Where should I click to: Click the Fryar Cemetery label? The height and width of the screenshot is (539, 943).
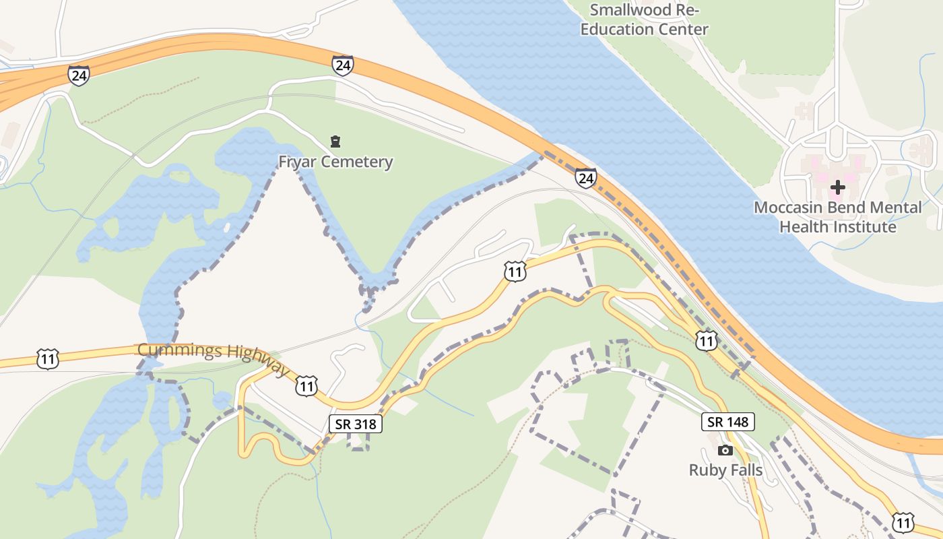point(335,162)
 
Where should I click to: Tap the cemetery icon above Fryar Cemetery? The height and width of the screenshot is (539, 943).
point(335,141)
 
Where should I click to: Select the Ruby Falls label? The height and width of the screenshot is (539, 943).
point(725,470)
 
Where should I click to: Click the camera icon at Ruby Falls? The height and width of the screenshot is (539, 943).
point(725,450)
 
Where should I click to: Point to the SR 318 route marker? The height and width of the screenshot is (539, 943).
point(356,423)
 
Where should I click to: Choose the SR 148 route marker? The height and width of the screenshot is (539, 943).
point(728,422)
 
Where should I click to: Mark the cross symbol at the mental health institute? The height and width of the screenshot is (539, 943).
point(837,187)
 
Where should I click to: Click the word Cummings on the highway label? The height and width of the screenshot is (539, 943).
point(178,350)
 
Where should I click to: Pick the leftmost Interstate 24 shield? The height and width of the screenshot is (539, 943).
point(79,75)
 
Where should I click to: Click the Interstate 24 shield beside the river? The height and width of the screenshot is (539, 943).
point(585,178)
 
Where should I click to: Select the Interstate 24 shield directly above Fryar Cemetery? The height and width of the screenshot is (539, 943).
point(342,65)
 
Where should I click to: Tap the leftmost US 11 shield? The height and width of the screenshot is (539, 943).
point(48,358)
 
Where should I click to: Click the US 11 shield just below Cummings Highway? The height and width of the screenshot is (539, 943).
point(306,386)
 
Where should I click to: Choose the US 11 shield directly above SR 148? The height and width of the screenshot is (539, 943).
point(706,341)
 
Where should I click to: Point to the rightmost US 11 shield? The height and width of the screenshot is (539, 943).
point(903,522)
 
